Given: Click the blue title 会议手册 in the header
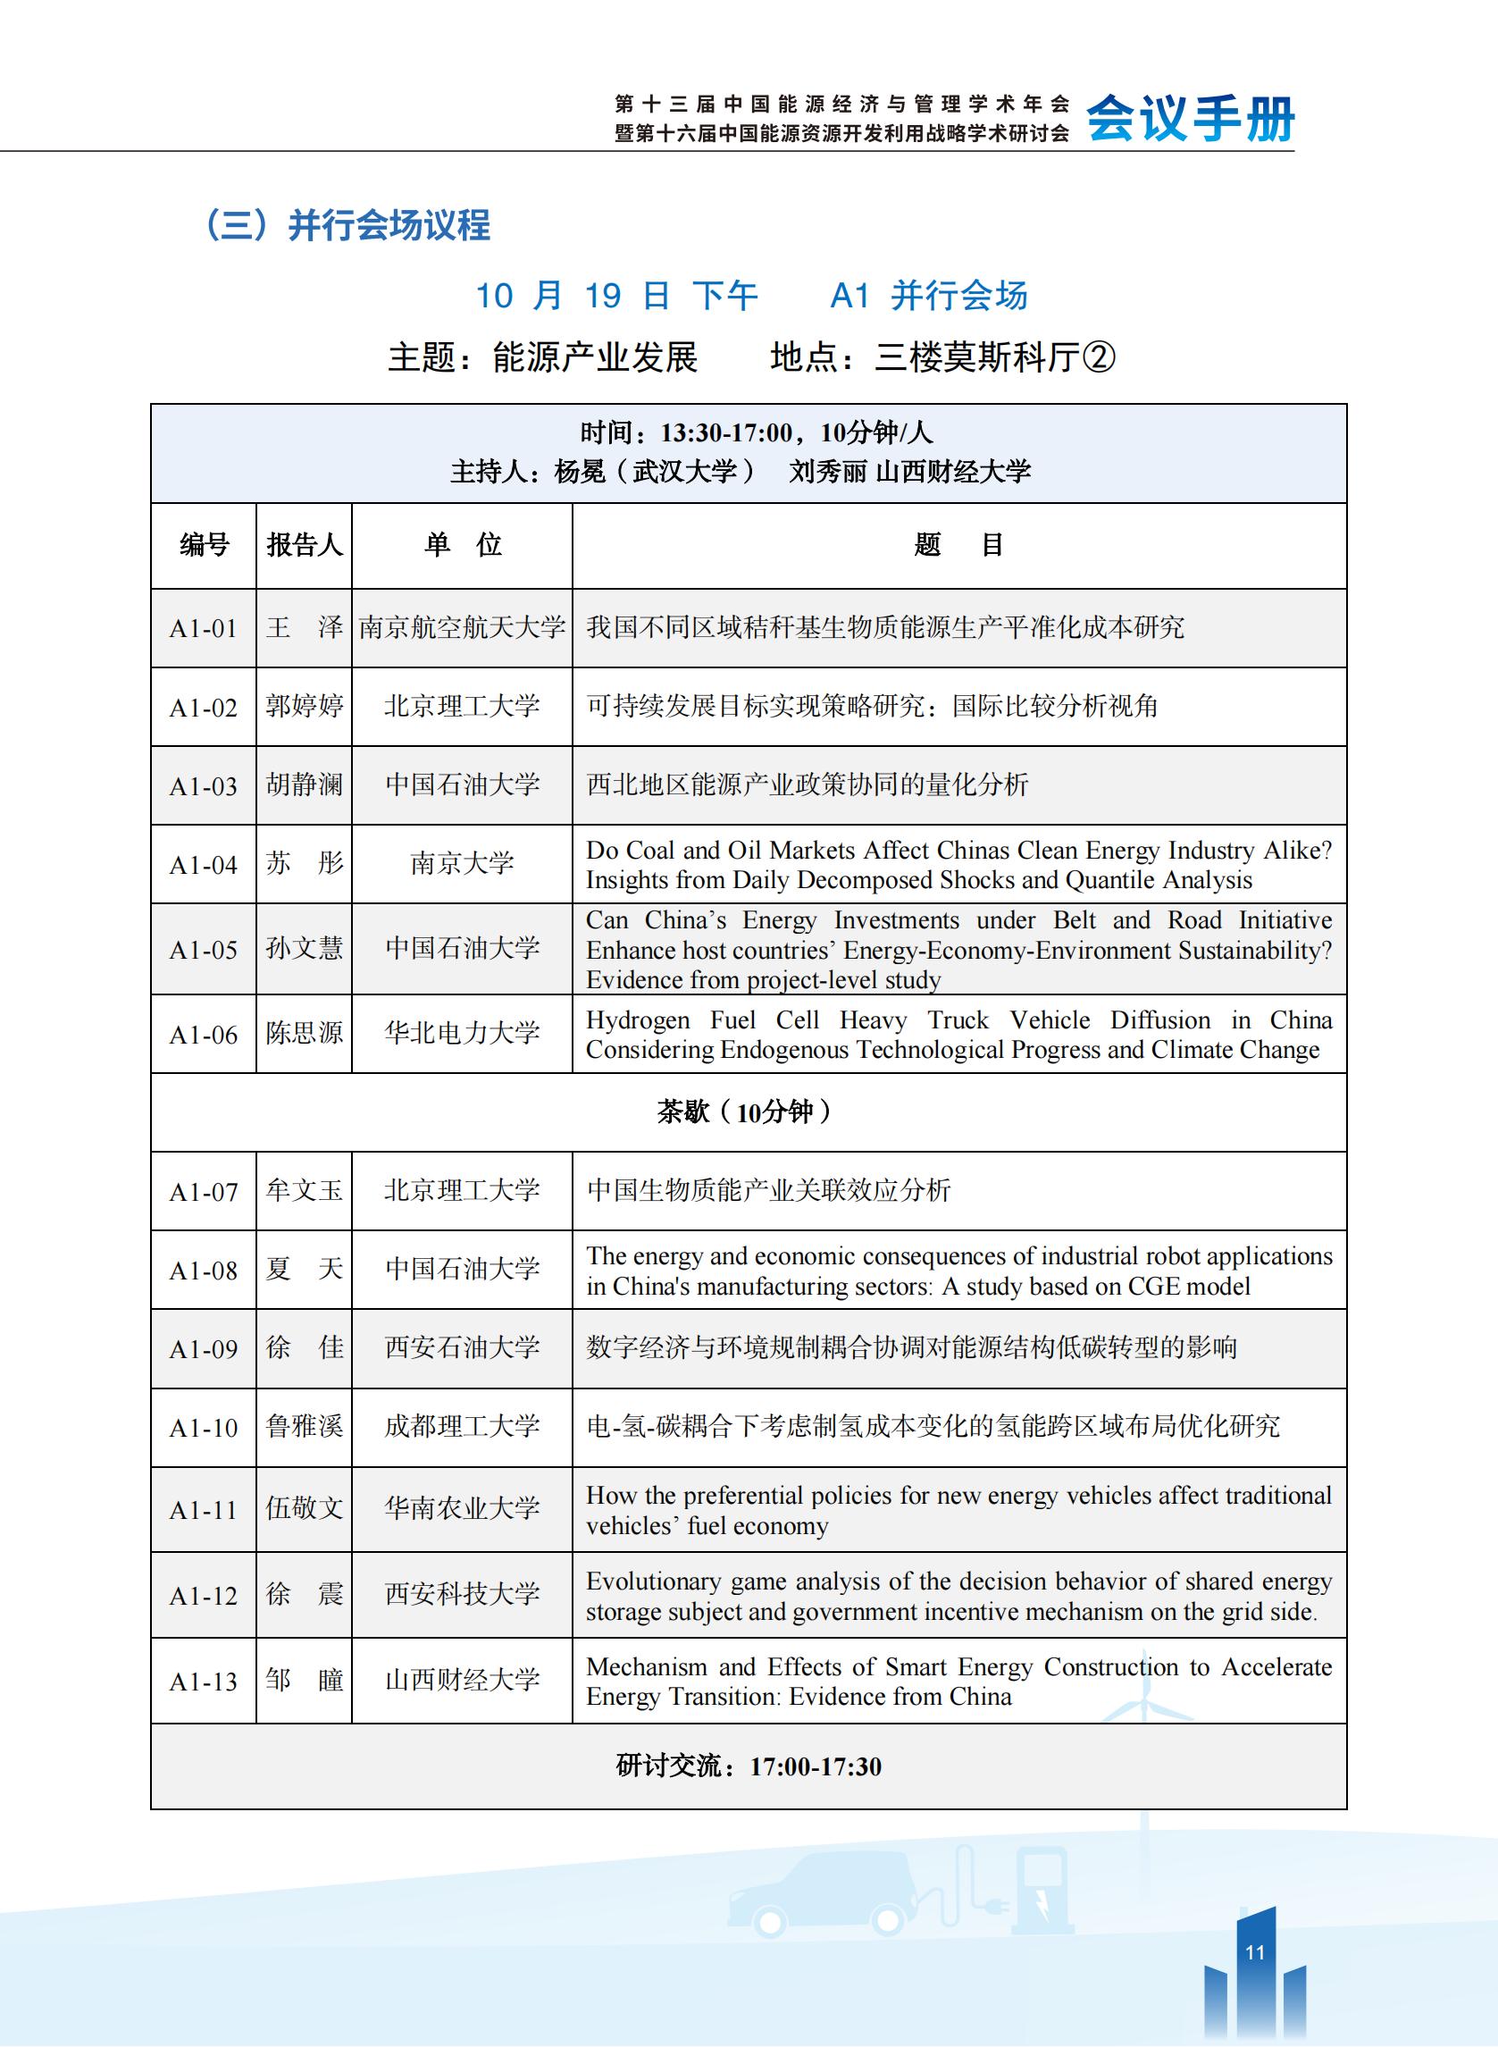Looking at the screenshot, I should click(x=1190, y=119).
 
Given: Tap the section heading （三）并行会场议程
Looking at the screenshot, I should click(x=345, y=225).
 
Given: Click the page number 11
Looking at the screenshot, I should click(x=1255, y=1951).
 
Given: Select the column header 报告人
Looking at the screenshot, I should click(x=304, y=545).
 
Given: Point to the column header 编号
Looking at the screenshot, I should click(x=204, y=545).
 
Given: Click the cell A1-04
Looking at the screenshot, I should click(x=203, y=865).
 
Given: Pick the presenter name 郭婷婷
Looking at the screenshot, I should click(x=304, y=707).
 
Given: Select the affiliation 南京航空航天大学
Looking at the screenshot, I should click(x=462, y=627).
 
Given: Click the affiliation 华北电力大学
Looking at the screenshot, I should click(x=462, y=1033).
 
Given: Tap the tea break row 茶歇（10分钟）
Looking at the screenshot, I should click(x=747, y=1112).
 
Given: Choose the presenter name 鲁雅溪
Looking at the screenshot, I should click(x=304, y=1427).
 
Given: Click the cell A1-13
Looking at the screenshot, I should click(x=203, y=1682).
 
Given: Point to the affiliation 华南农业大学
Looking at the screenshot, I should click(x=462, y=1508).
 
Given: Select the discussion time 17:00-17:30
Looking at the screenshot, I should click(x=816, y=1766).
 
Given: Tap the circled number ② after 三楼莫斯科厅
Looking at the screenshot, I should click(x=1098, y=357).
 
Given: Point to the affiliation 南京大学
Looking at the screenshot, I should click(x=462, y=863).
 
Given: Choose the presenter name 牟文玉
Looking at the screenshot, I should click(x=304, y=1191).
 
